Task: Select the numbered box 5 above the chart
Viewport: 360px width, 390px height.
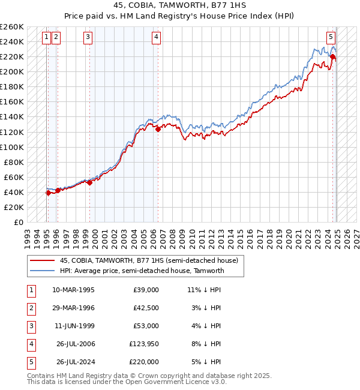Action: [331, 36]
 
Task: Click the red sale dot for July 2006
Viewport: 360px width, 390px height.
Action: [158, 129]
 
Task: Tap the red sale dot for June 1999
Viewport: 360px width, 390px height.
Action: [89, 182]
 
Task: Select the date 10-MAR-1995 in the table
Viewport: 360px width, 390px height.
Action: [73, 290]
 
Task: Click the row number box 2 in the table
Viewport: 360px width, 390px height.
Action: [31, 308]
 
